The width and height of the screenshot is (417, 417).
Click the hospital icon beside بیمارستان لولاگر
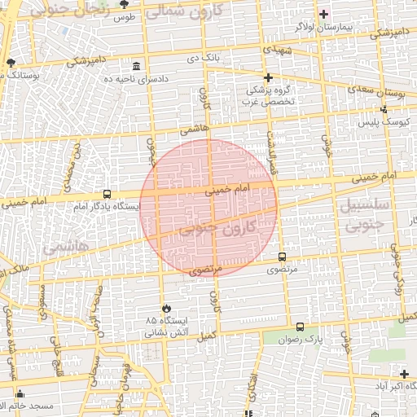click(324, 14)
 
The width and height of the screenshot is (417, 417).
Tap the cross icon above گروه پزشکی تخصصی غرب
click(268, 77)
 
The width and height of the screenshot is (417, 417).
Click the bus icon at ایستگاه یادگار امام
click(107, 194)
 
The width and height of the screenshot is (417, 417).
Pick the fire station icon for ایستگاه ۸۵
click(166, 309)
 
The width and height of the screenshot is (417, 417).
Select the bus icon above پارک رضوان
click(301, 327)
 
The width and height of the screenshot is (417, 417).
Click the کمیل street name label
click(208, 335)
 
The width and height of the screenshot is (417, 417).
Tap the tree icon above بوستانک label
click(10, 62)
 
